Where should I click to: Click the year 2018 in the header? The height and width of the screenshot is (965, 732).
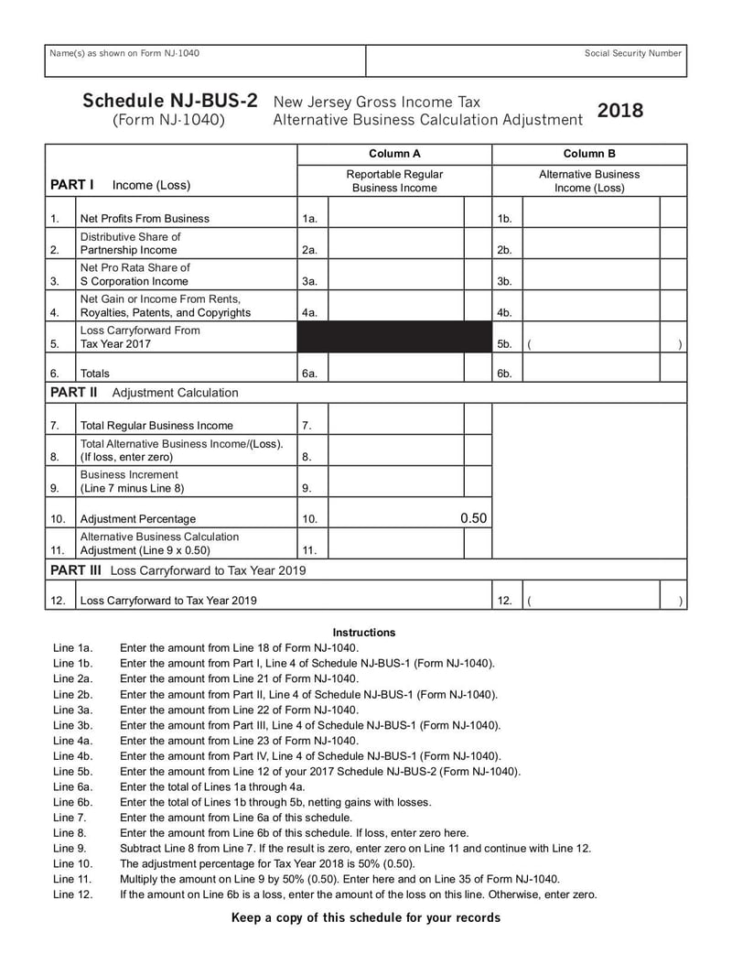pyautogui.click(x=620, y=111)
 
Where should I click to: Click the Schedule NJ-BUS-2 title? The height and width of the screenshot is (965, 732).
pyautogui.click(x=169, y=101)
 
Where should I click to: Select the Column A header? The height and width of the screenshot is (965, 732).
pyautogui.click(x=394, y=154)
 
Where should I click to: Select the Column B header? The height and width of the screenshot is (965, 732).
pyautogui.click(x=589, y=154)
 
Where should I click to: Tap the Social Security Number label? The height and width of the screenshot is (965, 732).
pyautogui.click(x=633, y=53)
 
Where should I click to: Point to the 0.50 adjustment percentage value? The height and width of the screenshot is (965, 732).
pyautogui.click(x=473, y=518)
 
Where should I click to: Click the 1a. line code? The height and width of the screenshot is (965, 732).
pyautogui.click(x=309, y=219)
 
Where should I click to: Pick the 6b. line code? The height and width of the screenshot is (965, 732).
pyautogui.click(x=504, y=374)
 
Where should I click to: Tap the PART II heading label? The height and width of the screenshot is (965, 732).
pyautogui.click(x=74, y=393)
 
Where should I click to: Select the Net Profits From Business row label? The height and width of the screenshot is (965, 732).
pyautogui.click(x=145, y=219)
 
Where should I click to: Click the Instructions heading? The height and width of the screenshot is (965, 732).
pyautogui.click(x=364, y=633)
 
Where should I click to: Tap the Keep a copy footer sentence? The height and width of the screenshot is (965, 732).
pyautogui.click(x=366, y=918)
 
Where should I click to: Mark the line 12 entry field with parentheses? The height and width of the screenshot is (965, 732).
pyautogui.click(x=604, y=601)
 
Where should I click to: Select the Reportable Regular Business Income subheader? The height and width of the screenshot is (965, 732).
pyautogui.click(x=394, y=180)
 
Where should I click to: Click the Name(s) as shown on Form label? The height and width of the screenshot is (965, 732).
pyautogui.click(x=124, y=53)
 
